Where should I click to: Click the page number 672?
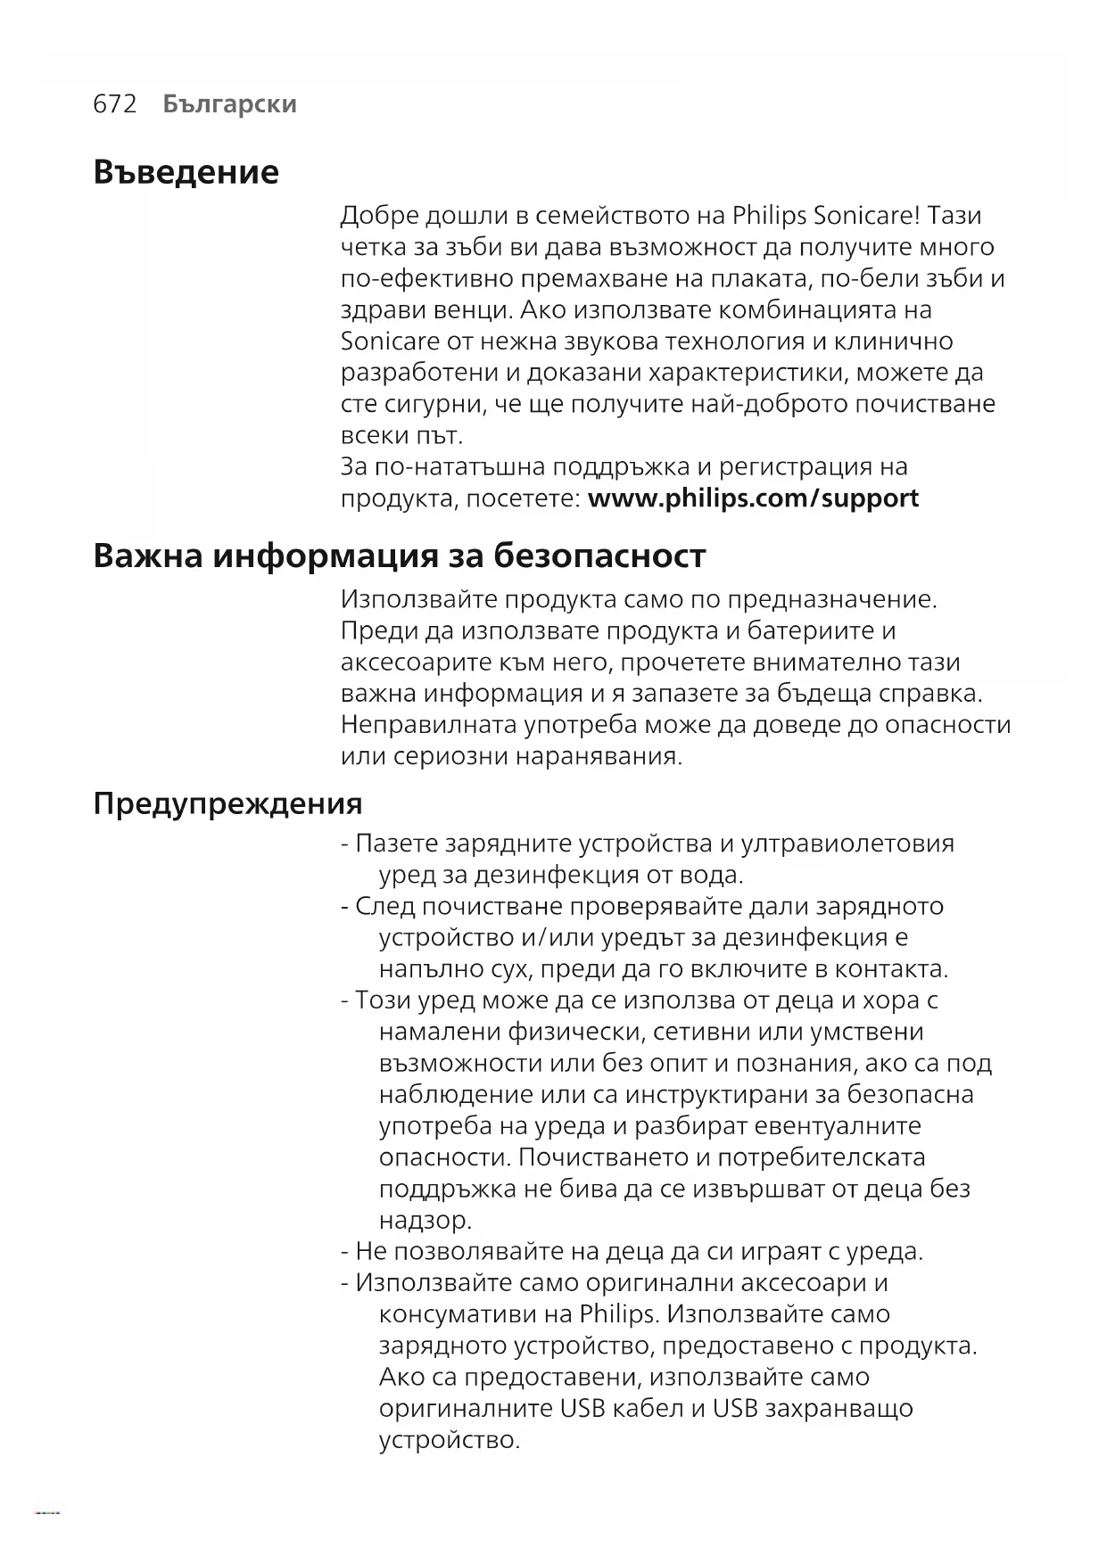115,104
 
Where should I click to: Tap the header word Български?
230,104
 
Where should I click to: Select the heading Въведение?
186,171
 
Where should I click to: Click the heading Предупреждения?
227,803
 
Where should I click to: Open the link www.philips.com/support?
753,498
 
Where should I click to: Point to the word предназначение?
831,599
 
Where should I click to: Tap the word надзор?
425,1219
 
